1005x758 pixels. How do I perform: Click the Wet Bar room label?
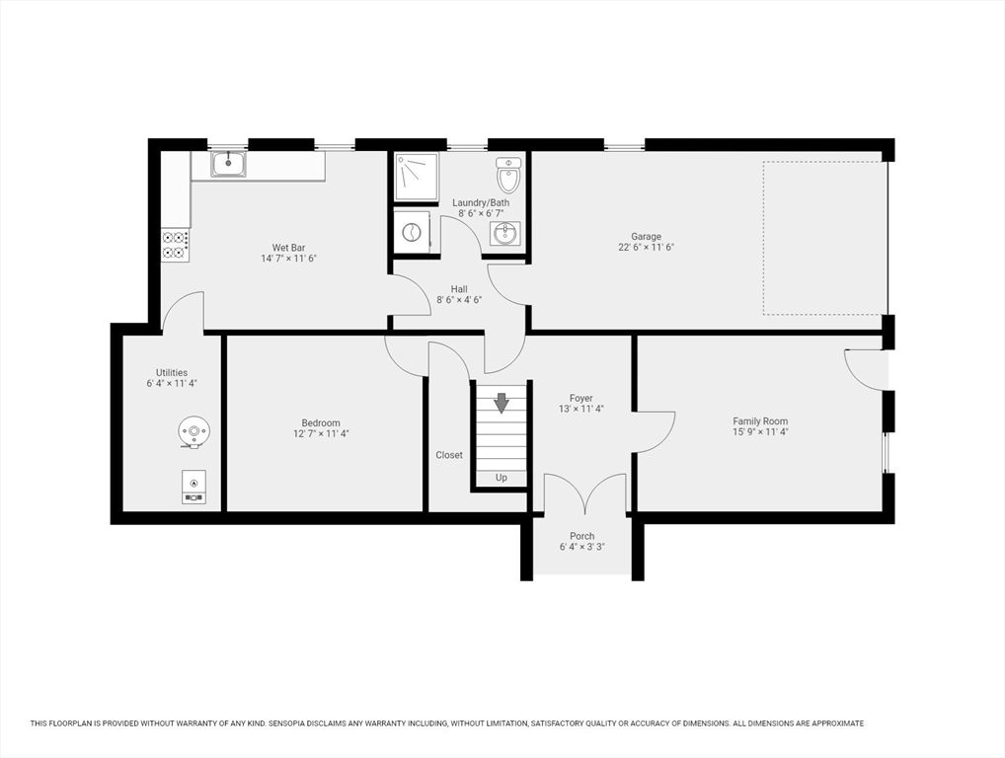pyautogui.click(x=288, y=248)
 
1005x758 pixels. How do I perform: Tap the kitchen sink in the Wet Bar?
pyautogui.click(x=228, y=164)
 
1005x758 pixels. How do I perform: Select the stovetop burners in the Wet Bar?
pyautogui.click(x=175, y=245)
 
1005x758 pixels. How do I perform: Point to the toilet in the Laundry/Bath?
pyautogui.click(x=508, y=176)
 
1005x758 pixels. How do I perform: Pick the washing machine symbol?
pyautogui.click(x=412, y=233)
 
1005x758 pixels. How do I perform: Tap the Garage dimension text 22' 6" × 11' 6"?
pyautogui.click(x=647, y=248)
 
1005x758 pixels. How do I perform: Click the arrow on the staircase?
pyautogui.click(x=502, y=403)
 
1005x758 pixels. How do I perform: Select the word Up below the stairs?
pyautogui.click(x=502, y=478)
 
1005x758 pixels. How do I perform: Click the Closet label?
pyautogui.click(x=449, y=455)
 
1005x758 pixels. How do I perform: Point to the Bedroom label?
pyautogui.click(x=321, y=423)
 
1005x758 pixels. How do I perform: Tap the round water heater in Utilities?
pyautogui.click(x=194, y=430)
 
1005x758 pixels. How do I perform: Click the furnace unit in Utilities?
pyautogui.click(x=194, y=486)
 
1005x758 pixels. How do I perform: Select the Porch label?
pyautogui.click(x=582, y=536)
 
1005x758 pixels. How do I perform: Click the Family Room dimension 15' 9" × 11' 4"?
pyautogui.click(x=760, y=432)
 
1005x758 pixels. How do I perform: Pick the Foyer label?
pyautogui.click(x=580, y=399)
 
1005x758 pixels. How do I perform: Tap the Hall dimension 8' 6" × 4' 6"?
pyautogui.click(x=459, y=300)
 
